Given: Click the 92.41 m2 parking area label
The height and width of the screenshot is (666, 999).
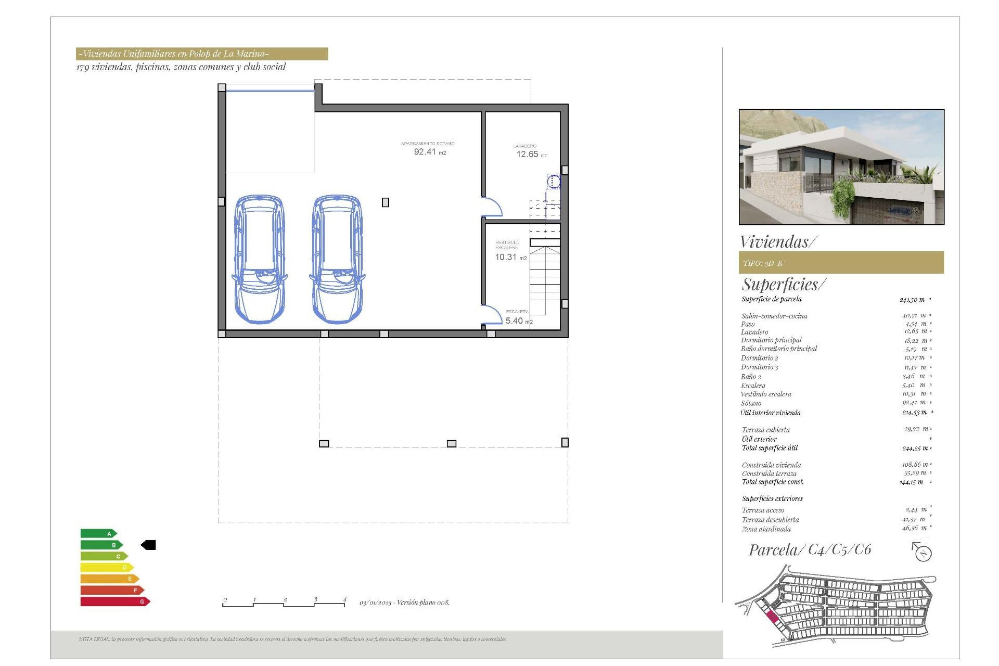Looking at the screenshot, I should (429, 151).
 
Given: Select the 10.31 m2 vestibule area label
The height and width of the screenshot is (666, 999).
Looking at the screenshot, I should (510, 257).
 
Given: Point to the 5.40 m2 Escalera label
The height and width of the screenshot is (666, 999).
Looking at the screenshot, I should (518, 321).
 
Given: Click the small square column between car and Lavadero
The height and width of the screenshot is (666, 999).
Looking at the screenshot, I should (386, 202).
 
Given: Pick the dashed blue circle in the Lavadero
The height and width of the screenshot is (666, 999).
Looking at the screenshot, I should (554, 182).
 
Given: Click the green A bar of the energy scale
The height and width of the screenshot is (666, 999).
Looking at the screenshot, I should (98, 533).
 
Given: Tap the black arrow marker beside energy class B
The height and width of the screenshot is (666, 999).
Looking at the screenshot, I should (149, 545).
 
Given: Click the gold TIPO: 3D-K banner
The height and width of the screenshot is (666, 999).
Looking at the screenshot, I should (841, 263).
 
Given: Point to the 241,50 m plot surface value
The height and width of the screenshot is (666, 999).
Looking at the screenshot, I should (912, 300).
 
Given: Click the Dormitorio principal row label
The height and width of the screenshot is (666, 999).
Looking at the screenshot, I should (771, 340).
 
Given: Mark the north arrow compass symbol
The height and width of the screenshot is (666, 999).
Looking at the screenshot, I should (922, 552).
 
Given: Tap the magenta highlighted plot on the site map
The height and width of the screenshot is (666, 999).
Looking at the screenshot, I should (772, 617).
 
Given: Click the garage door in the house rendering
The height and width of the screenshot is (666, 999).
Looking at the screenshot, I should (890, 211).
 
